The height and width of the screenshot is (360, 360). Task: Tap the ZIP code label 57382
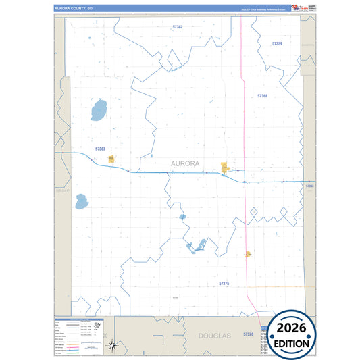click(178, 27)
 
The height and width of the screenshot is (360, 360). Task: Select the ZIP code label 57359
click(277, 43)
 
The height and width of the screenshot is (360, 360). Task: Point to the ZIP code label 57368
click(262, 96)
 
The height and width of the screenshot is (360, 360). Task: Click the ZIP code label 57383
click(101, 149)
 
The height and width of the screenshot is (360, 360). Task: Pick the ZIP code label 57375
click(224, 284)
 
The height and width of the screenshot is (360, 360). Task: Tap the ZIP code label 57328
click(248, 334)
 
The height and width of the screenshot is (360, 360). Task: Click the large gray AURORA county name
click(185, 163)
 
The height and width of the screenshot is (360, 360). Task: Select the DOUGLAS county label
click(215, 335)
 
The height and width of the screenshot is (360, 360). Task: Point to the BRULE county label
click(62, 191)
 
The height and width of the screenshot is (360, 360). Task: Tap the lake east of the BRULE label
click(82, 201)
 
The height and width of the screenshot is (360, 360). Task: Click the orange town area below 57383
click(111, 159)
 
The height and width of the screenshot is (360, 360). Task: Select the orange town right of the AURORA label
click(225, 168)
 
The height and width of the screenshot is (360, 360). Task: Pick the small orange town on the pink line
click(249, 254)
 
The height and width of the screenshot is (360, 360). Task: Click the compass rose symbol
click(114, 346)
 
